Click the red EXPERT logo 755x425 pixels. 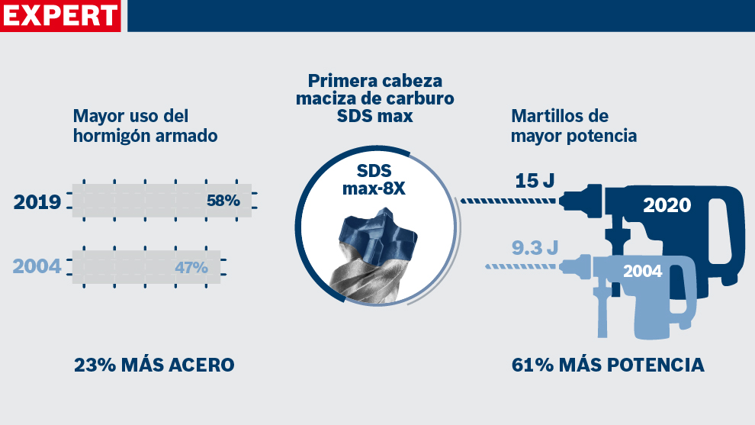[x=61, y=15]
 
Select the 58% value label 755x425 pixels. [x=223, y=201]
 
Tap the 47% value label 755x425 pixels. [x=191, y=268]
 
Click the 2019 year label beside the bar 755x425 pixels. [x=37, y=202]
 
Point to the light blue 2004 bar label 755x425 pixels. [x=37, y=268]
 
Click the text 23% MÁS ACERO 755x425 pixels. [x=154, y=365]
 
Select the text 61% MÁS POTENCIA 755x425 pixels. [x=608, y=365]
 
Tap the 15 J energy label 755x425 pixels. [x=534, y=182]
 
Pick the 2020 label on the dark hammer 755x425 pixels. [x=667, y=205]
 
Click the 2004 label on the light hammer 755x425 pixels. [x=642, y=271]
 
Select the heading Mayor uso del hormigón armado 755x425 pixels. [x=145, y=126]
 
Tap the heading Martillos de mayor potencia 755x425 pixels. [x=573, y=126]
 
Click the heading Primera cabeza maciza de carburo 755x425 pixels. [x=374, y=98]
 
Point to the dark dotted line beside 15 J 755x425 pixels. [x=507, y=201]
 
